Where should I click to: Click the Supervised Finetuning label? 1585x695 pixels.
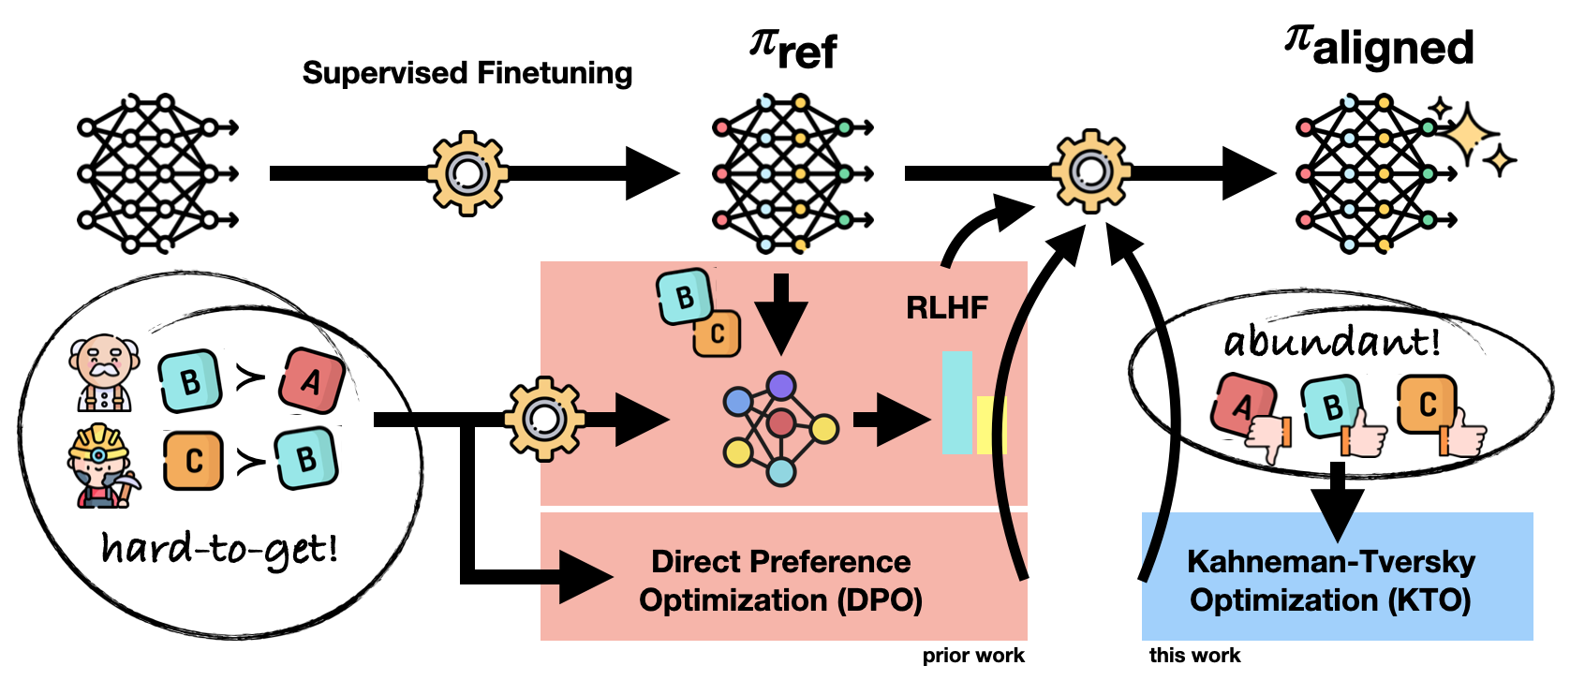tap(467, 73)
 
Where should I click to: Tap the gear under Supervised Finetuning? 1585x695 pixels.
tap(467, 173)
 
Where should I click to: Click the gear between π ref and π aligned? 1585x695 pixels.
tap(1089, 171)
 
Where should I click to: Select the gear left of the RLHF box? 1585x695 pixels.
tap(544, 418)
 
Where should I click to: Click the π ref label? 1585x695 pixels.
tap(793, 49)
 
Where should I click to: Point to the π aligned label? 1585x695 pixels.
tap(1379, 47)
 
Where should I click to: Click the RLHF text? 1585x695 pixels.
tap(946, 307)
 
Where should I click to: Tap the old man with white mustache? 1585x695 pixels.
tap(104, 374)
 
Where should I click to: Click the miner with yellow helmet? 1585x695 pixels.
tap(102, 466)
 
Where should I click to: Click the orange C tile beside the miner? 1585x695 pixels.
tap(193, 461)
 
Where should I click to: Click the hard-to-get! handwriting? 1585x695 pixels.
tap(220, 549)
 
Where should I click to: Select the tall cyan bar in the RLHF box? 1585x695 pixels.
tap(956, 403)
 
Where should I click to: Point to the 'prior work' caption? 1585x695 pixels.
tap(972, 656)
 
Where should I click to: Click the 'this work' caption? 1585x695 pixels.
tap(1194, 656)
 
